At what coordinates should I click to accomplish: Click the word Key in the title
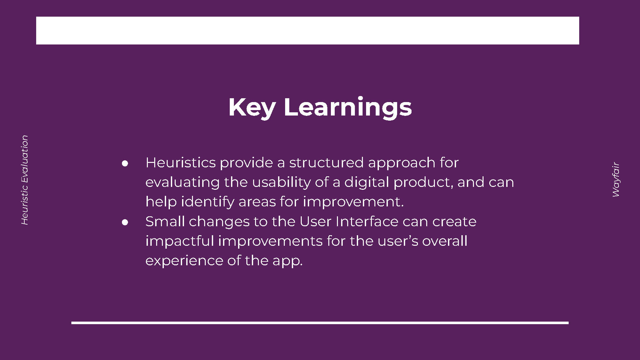coord(252,108)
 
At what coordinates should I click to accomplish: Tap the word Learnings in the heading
coord(348,108)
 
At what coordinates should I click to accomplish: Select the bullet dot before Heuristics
coord(125,164)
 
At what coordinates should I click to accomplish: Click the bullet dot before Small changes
coord(125,222)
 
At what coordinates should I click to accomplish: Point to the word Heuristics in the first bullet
coord(181,163)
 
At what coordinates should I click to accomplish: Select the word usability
coord(281,183)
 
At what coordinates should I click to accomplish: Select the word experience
coord(184,261)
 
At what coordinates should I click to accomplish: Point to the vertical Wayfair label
coord(616,180)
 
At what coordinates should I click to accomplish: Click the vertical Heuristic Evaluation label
coord(25,180)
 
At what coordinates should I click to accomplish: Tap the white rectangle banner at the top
coord(308,30)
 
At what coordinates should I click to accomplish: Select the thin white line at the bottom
coord(320,323)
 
